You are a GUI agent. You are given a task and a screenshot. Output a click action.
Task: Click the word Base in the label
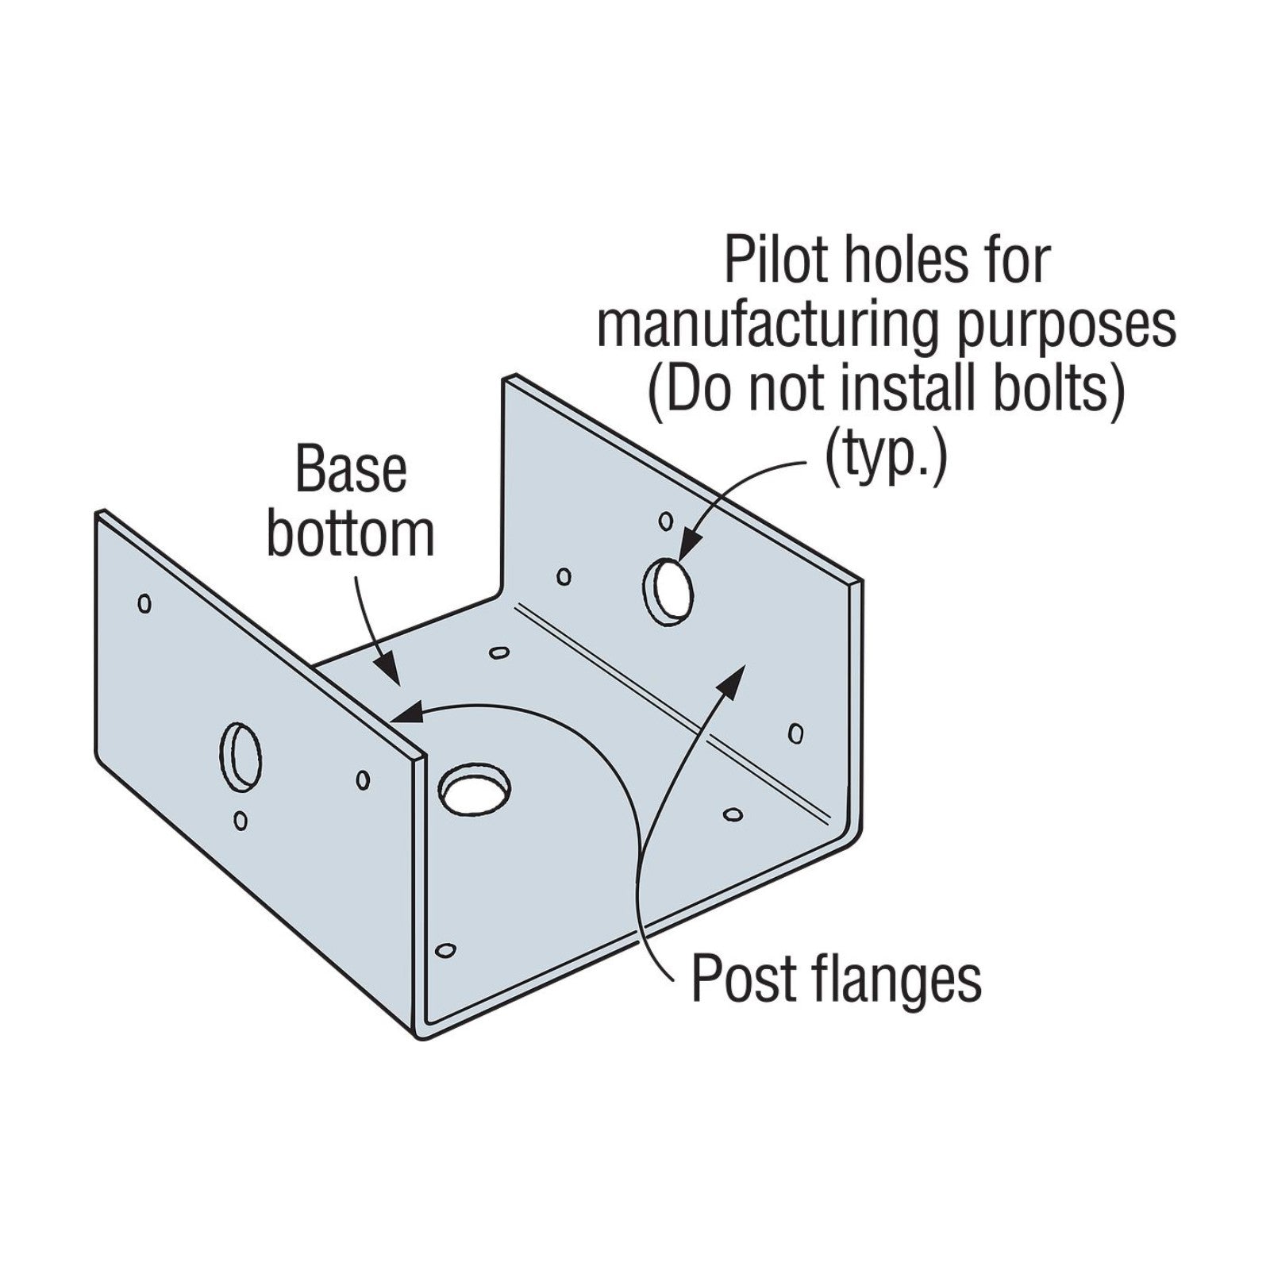(351, 470)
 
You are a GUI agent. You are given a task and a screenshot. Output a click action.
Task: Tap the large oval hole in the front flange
(241, 756)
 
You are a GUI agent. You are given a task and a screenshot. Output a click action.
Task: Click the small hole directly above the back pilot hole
(666, 521)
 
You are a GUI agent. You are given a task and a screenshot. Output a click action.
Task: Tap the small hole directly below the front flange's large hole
(241, 821)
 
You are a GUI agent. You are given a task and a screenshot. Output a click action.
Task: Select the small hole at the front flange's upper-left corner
(144, 604)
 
